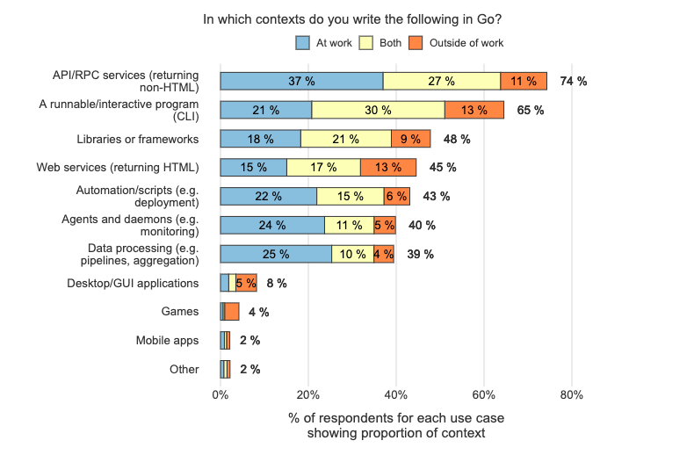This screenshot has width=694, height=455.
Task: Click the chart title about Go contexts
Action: coord(346,18)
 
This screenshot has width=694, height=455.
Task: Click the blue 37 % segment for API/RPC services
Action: coord(301,82)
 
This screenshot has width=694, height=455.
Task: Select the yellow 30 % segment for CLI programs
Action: coord(378,110)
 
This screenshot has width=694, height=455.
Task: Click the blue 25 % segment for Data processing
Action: coord(275,254)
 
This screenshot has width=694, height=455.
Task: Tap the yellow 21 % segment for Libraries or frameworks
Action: coord(345,139)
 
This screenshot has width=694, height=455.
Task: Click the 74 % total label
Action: coord(574,82)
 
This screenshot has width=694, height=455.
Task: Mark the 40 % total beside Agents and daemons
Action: coord(422,225)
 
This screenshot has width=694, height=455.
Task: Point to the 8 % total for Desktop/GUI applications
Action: coord(276,283)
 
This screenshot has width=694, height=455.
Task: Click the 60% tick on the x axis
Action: coord(484,394)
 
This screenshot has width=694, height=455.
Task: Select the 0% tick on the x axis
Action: coord(220,394)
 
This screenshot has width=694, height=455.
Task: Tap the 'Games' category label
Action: coord(179,312)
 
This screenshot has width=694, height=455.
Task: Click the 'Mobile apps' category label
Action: coord(167,341)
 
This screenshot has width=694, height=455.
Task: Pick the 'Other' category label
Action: coord(184,370)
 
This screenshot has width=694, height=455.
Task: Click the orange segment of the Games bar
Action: coord(232,312)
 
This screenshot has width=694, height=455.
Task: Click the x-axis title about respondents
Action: coord(395,425)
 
